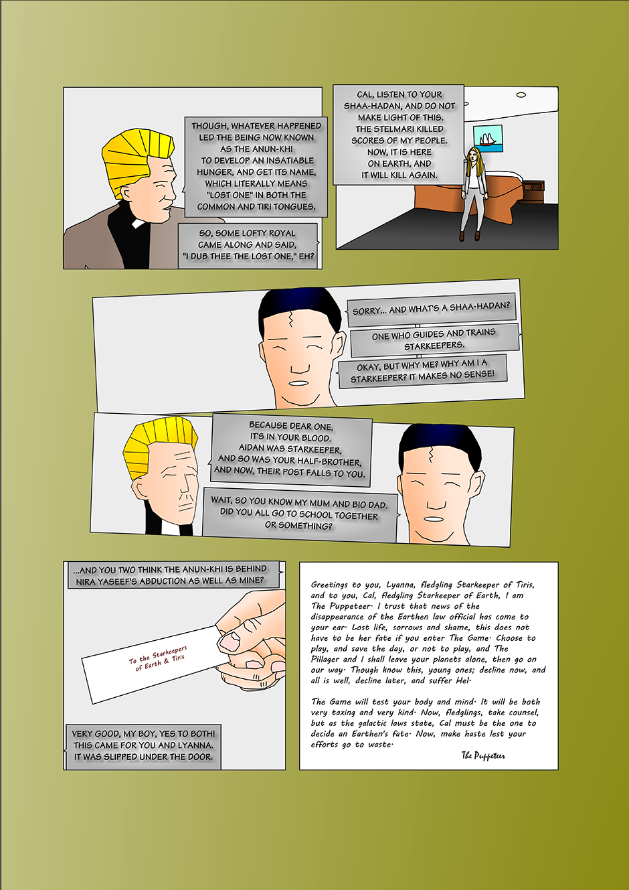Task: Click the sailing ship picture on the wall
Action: [488, 138]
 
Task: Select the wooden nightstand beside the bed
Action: [532, 192]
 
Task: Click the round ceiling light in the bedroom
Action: [521, 94]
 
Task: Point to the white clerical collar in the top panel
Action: [138, 223]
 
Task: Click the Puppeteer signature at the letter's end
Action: [483, 755]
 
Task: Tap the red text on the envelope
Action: [157, 658]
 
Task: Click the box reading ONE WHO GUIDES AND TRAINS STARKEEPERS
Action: [434, 340]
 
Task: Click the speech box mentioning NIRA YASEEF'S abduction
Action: [171, 575]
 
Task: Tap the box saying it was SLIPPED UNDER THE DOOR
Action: [143, 745]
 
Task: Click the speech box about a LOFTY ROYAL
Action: [248, 244]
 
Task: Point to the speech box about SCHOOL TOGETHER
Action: [300, 515]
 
